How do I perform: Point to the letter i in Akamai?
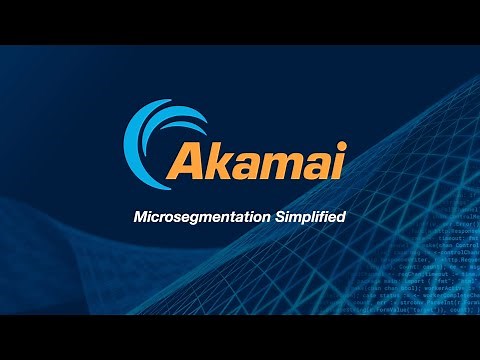(x=339, y=161)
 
